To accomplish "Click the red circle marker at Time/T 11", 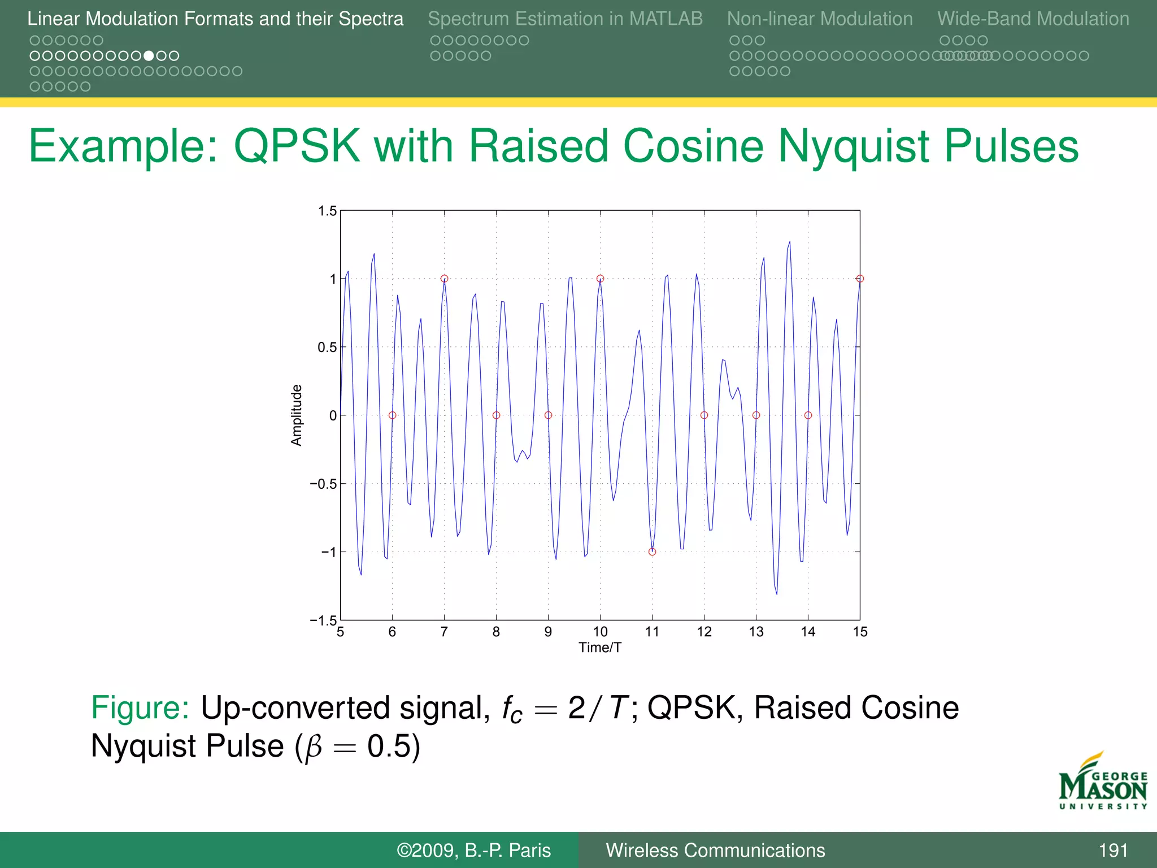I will pyautogui.click(x=652, y=552).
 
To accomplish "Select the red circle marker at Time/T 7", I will pyautogui.click(x=444, y=279).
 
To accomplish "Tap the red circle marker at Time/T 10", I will pyautogui.click(x=600, y=279).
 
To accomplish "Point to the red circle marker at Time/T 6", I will pyautogui.click(x=392, y=415).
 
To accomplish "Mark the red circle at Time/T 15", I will pyautogui.click(x=860, y=279).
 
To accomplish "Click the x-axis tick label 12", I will pyautogui.click(x=704, y=632).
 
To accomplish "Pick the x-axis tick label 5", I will pyautogui.click(x=340, y=632).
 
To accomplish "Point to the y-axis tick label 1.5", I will pyautogui.click(x=327, y=211).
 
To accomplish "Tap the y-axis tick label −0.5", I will pyautogui.click(x=323, y=484).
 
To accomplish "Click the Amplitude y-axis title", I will pyautogui.click(x=297, y=415).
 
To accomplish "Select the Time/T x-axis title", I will pyautogui.click(x=600, y=648).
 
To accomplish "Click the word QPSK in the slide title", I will pyautogui.click(x=297, y=146).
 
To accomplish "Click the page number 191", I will pyautogui.click(x=1113, y=850).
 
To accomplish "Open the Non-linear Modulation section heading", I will pyautogui.click(x=820, y=19).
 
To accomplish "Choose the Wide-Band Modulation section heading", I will pyautogui.click(x=1033, y=19).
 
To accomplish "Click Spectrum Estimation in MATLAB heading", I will pyautogui.click(x=565, y=19).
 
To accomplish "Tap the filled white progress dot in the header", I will pyautogui.click(x=149, y=56).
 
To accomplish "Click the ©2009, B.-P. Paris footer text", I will pyautogui.click(x=473, y=850).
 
